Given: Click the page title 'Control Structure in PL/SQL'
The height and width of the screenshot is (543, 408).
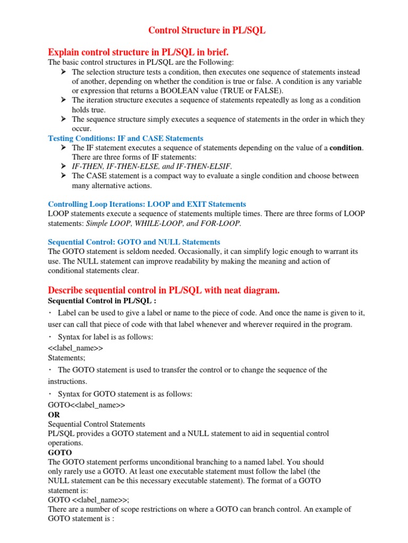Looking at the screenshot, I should tap(206, 30).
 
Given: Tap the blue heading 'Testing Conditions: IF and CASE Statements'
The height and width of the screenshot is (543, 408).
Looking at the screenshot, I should tap(125, 138).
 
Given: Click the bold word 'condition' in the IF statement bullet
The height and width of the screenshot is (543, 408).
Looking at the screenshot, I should tap(345, 148).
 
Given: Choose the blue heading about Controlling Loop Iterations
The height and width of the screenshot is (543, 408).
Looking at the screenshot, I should tap(147, 204).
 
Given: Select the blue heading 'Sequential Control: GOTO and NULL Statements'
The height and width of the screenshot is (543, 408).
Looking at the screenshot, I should tap(134, 242).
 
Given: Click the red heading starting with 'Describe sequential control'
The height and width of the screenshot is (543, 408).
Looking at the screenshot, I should tap(164, 291).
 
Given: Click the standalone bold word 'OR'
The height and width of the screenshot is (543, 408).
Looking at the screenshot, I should tap(54, 414).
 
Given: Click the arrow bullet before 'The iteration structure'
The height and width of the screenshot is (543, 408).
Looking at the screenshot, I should tap(63, 100).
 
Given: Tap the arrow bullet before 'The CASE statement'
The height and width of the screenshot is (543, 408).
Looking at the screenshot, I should tap(63, 176).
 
